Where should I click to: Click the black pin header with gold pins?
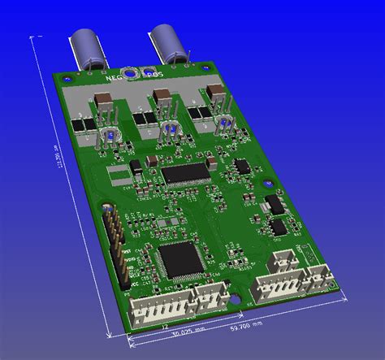pos(115,243)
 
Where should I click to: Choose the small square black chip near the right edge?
pos(242,165)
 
